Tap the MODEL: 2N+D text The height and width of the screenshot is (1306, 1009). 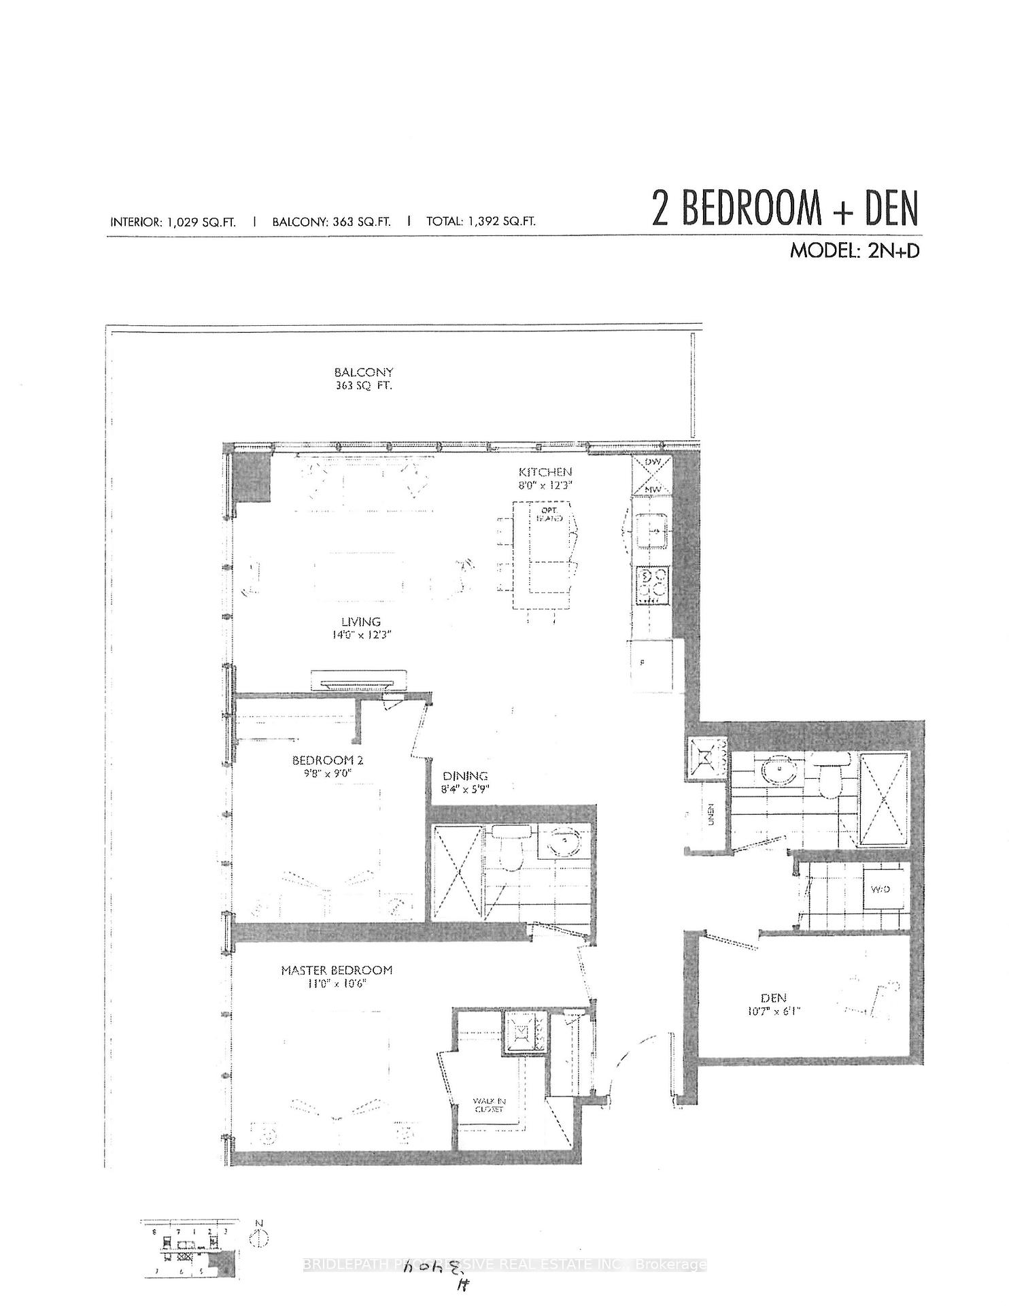coord(854,250)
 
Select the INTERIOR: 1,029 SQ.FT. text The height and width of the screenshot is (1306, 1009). coord(173,221)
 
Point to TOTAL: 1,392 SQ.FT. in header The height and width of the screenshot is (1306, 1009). coord(481,221)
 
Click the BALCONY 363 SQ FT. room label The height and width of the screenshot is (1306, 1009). coord(364,379)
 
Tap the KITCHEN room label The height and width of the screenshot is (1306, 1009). coord(545,478)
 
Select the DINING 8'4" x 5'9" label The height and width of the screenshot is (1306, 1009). coord(466,782)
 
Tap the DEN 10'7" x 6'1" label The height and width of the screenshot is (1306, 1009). coord(773,1004)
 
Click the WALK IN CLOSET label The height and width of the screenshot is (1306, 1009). coord(489,1105)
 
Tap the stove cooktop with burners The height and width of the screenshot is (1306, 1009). coord(651,585)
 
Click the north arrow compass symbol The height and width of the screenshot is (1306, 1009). coord(258,1239)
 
